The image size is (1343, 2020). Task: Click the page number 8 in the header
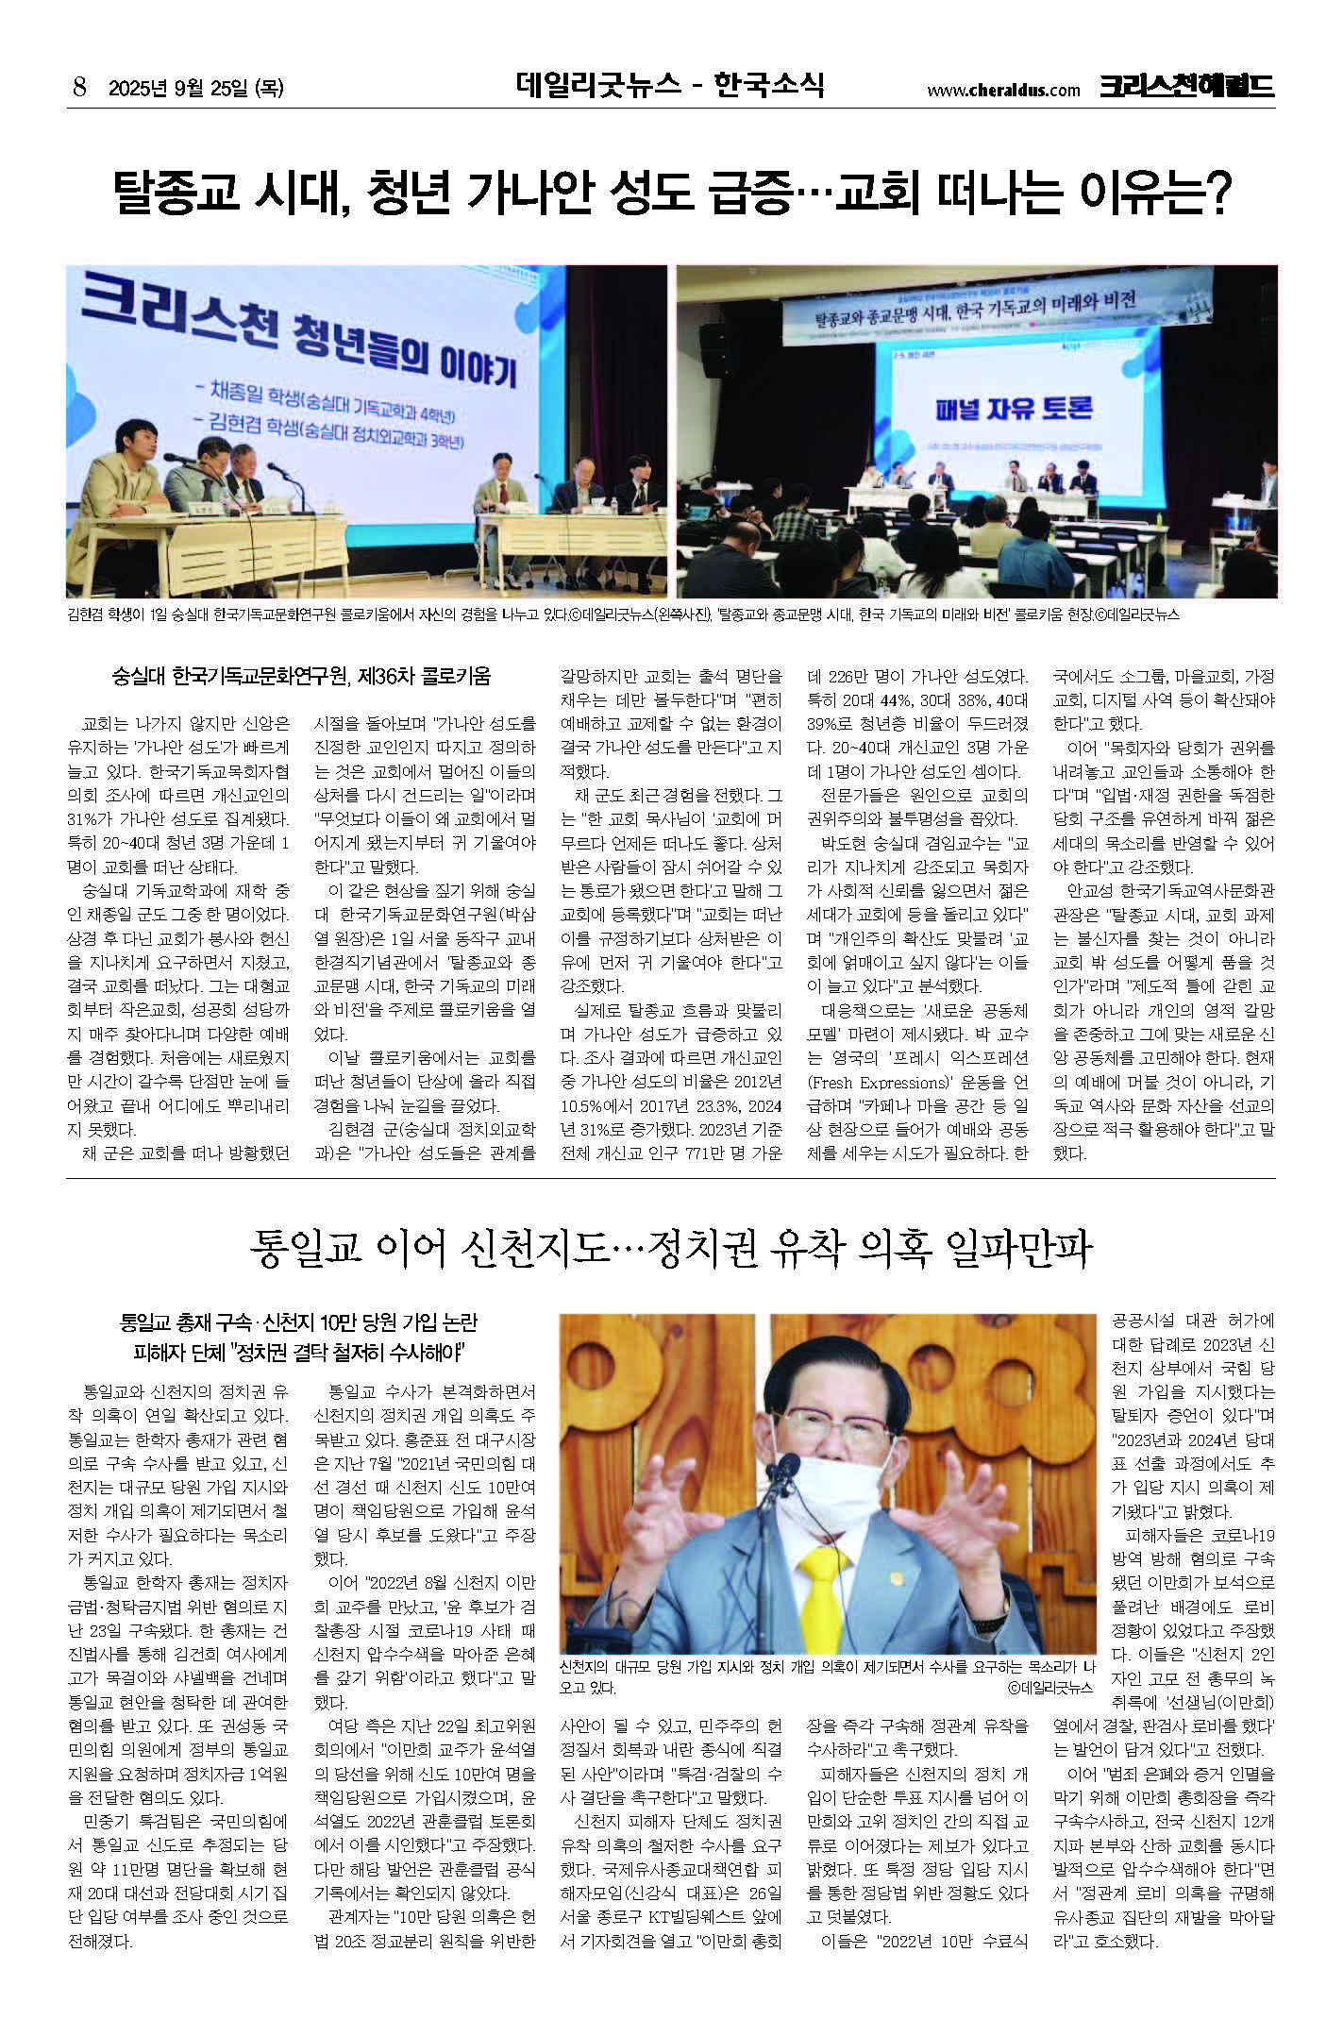tap(80, 89)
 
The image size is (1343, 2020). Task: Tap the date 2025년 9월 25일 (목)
tap(196, 89)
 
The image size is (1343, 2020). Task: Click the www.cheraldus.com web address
tap(1002, 91)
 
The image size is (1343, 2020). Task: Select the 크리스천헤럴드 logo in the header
tap(1186, 86)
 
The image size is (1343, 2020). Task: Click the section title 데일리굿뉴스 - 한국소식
tap(670, 85)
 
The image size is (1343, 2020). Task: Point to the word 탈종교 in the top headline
tap(176, 192)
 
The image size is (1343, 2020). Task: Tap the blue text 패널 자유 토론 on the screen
tap(1014, 408)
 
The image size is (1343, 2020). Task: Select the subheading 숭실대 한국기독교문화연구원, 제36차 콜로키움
tap(301, 676)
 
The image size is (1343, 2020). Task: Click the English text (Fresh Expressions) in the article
tap(877, 1082)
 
